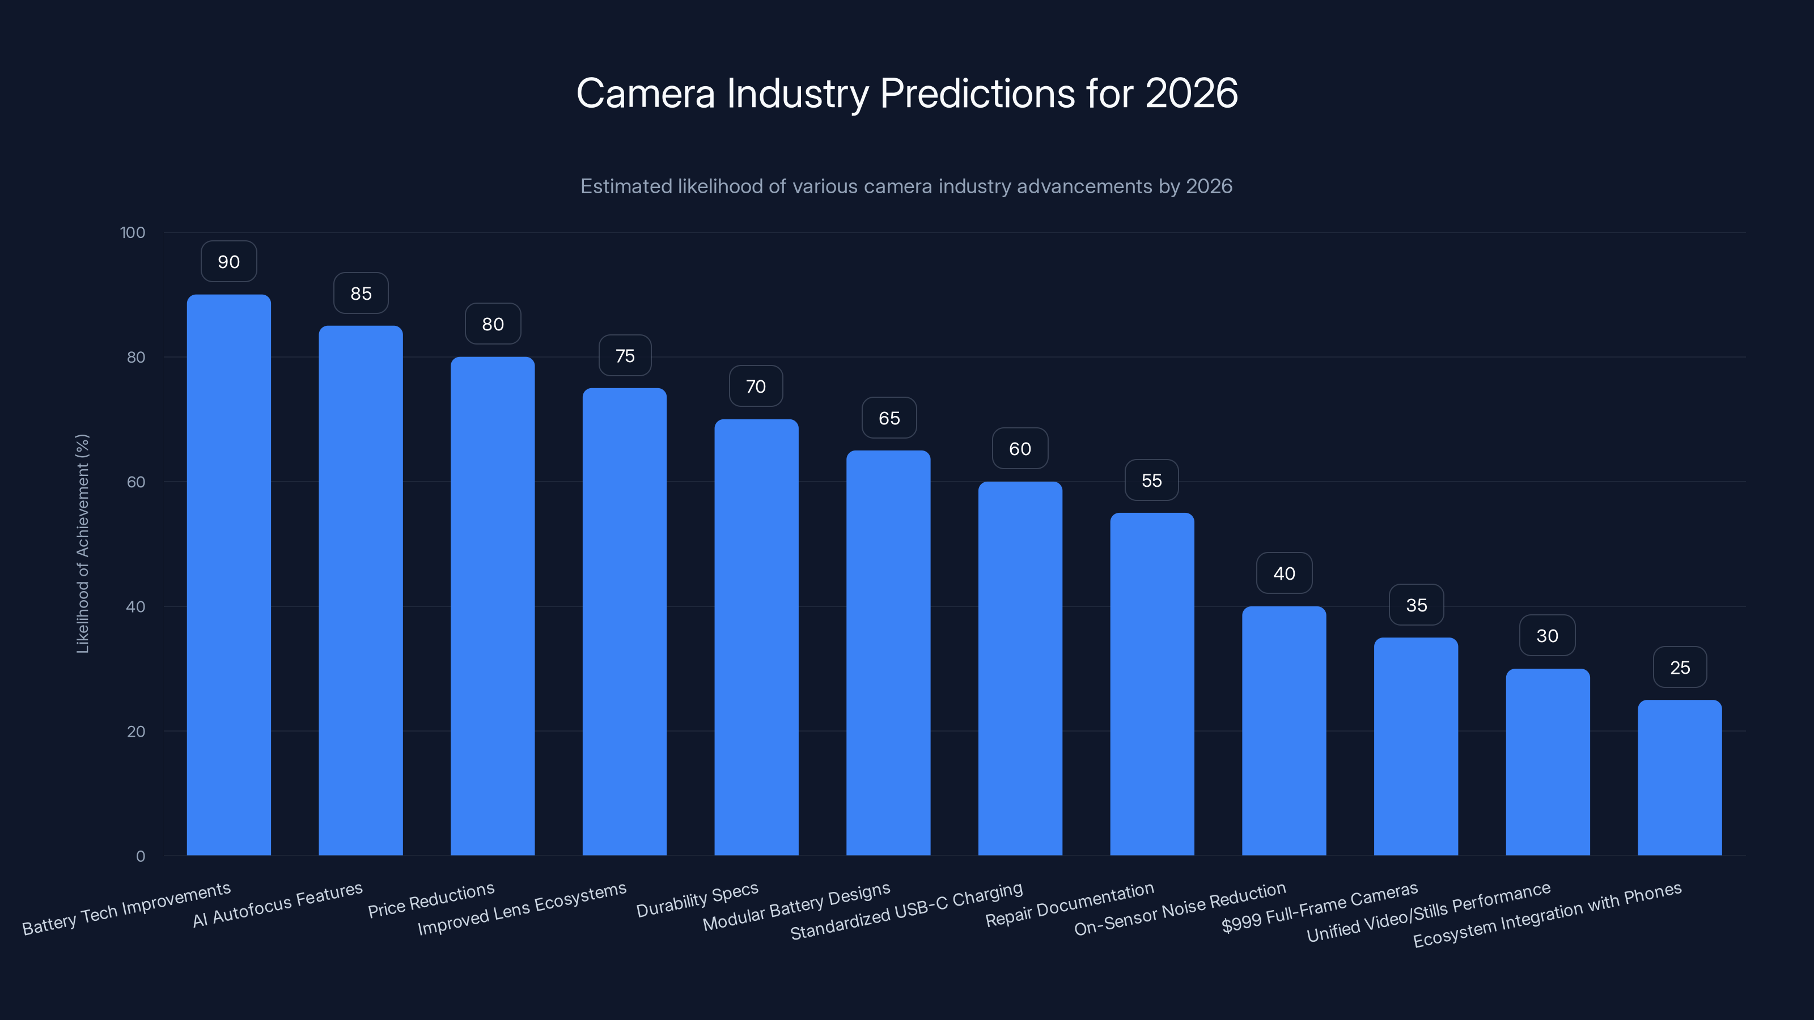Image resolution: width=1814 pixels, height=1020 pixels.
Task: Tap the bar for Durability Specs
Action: [756, 637]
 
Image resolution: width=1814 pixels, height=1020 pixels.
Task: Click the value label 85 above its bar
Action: [361, 293]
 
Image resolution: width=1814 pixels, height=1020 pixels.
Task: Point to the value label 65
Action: [889, 418]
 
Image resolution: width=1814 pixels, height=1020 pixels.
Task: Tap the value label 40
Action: [1284, 573]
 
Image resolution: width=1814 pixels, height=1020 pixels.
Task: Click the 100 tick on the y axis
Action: [133, 232]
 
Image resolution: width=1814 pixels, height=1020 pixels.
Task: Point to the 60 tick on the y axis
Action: [136, 482]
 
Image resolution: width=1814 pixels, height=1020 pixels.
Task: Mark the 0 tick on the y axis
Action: [140, 856]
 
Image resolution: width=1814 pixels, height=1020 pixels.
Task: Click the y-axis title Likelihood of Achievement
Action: [82, 543]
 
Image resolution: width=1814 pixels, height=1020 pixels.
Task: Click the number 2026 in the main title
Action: [1191, 93]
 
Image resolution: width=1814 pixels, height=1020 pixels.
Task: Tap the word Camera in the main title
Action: [645, 93]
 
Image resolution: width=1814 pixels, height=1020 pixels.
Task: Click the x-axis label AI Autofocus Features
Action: [277, 904]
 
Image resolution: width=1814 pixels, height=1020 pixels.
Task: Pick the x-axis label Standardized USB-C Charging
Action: [906, 910]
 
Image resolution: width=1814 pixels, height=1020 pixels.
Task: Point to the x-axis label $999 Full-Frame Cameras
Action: [1319, 907]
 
